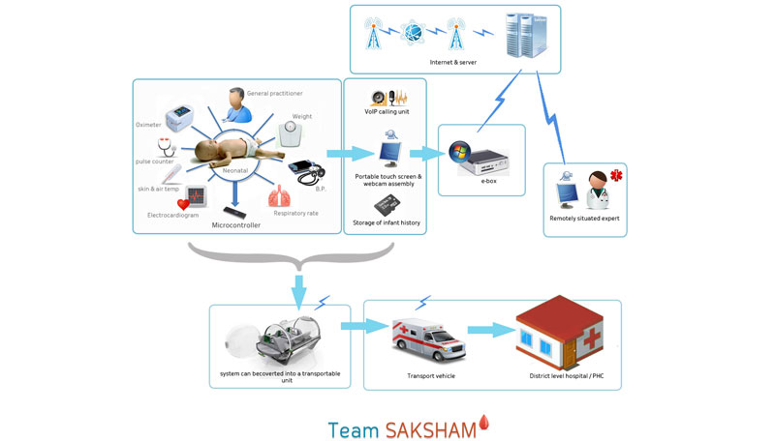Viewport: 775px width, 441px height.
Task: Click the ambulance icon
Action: [427, 339]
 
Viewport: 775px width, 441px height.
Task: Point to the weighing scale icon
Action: [296, 132]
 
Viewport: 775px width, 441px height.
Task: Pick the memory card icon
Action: [387, 206]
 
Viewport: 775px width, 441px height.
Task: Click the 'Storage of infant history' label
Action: [387, 224]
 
